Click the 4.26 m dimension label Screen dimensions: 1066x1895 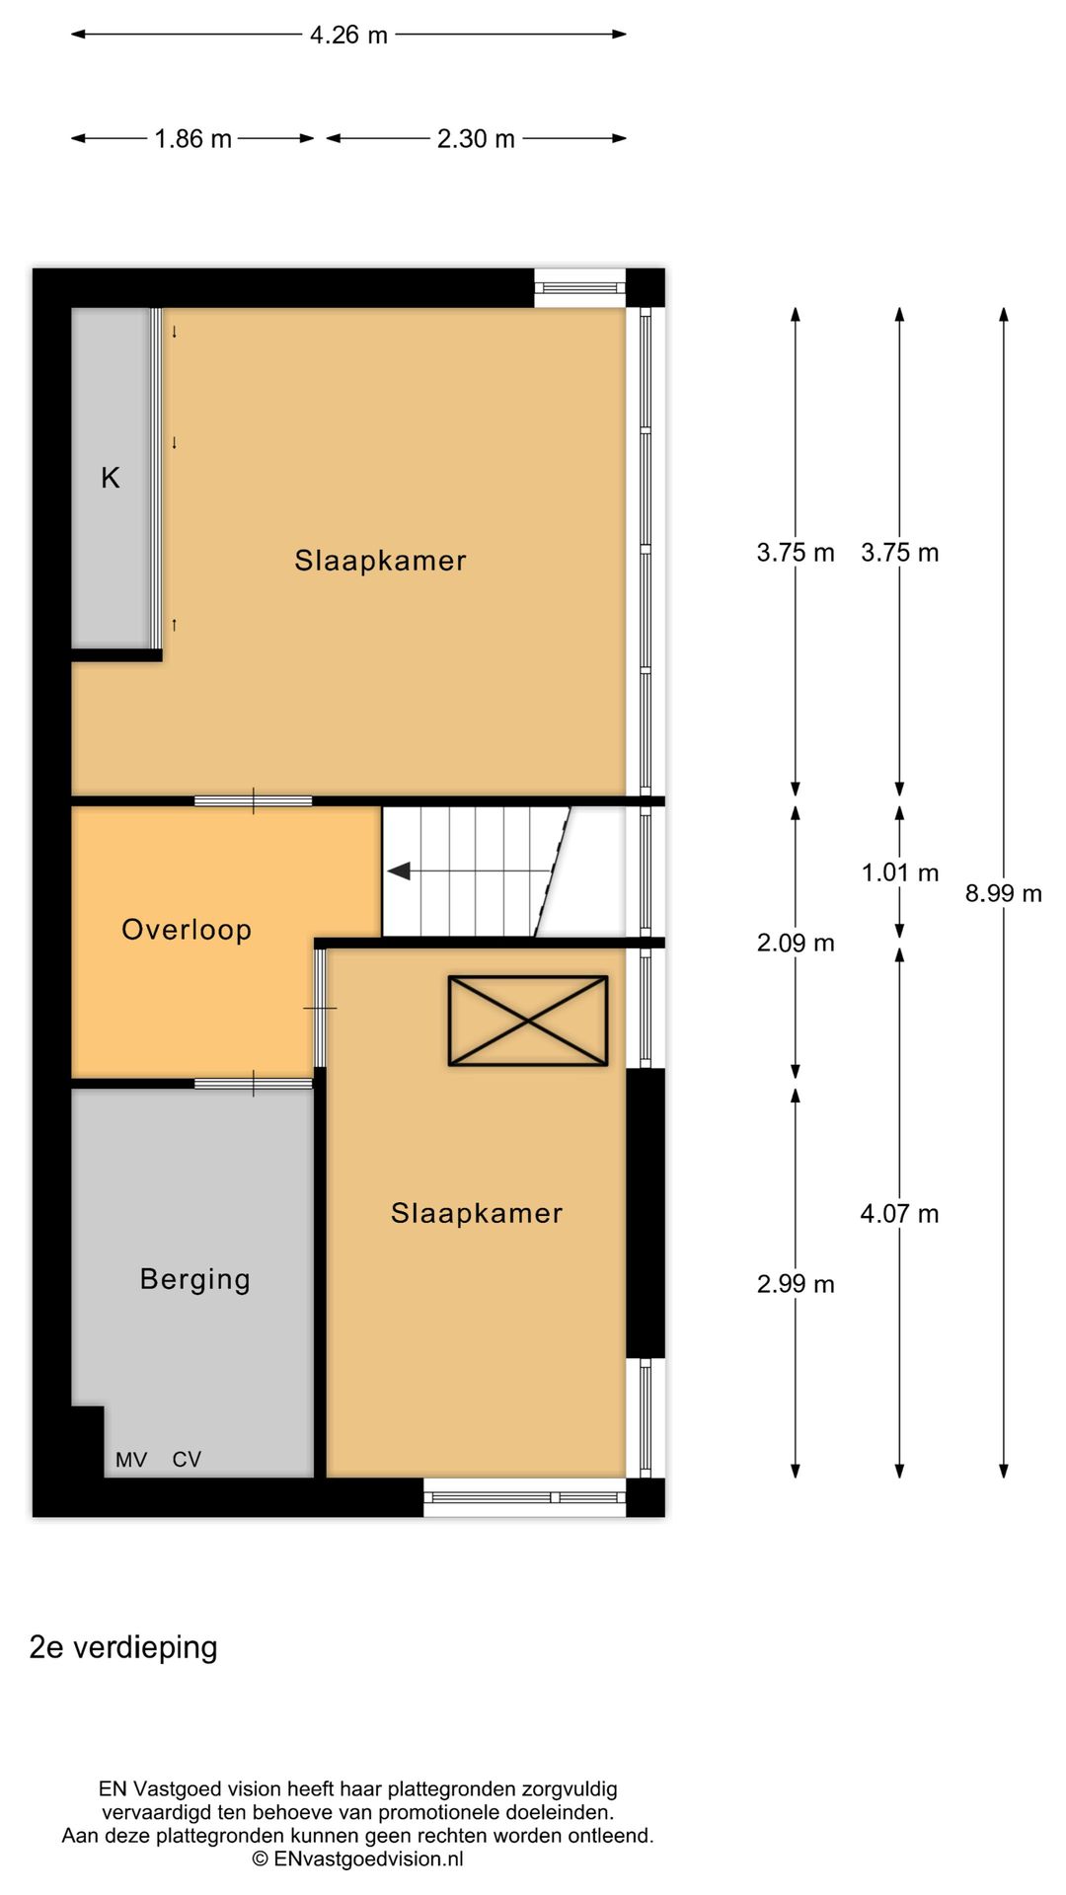point(348,36)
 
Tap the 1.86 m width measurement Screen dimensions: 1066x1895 point(192,139)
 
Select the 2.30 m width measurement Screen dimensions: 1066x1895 point(476,139)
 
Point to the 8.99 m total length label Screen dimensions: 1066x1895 point(1003,893)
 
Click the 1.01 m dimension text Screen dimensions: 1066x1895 point(899,872)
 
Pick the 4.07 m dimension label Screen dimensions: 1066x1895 point(899,1213)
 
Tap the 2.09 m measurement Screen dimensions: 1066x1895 point(796,943)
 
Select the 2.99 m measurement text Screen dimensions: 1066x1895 point(796,1284)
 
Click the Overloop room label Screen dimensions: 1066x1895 point(187,930)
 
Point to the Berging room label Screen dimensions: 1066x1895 point(195,1279)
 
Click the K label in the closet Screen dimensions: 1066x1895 point(111,478)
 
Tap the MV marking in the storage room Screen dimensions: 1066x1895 point(131,1460)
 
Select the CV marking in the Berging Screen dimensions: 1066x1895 point(187,1460)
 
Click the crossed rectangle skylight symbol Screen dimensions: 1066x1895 point(528,1021)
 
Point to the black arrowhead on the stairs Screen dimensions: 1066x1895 point(399,872)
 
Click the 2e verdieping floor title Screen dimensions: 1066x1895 point(123,1647)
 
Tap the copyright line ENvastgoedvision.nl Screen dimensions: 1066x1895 point(357,1858)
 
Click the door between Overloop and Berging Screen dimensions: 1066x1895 point(254,1084)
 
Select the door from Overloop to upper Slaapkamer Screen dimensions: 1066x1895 point(254,800)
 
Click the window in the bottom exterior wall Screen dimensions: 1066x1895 point(525,1497)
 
